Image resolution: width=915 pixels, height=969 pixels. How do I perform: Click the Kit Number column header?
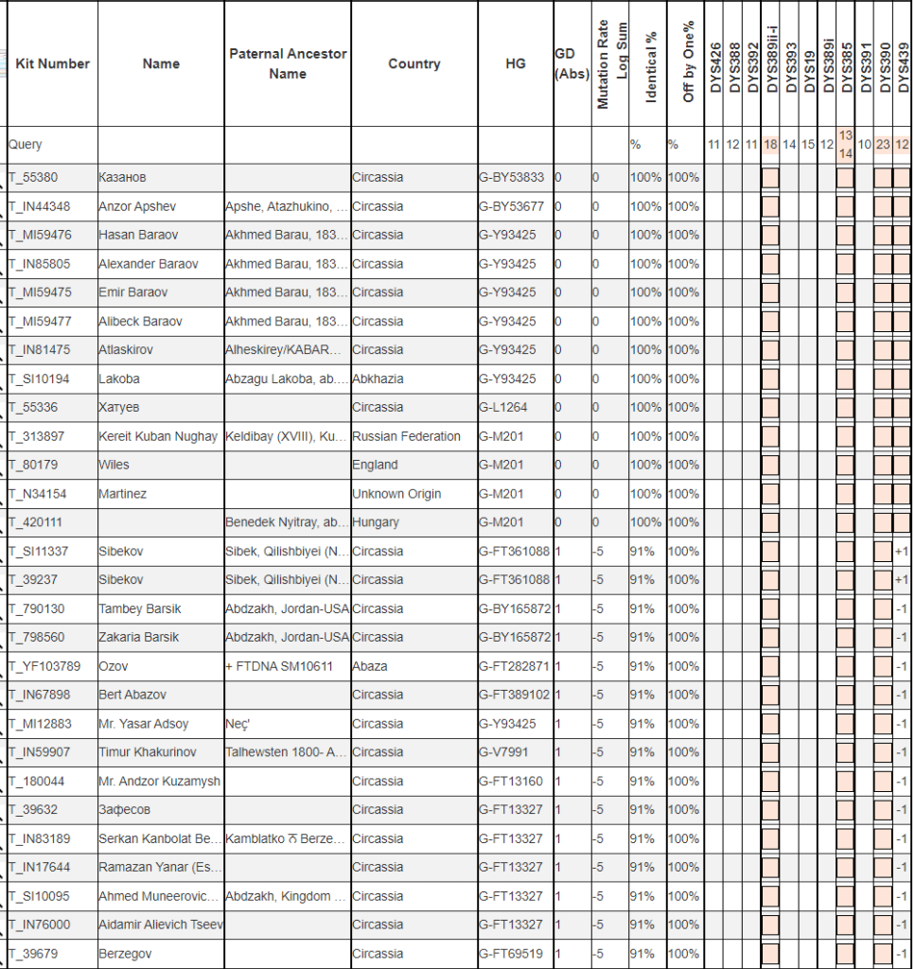click(52, 63)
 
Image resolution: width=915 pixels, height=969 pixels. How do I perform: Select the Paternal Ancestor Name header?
click(287, 63)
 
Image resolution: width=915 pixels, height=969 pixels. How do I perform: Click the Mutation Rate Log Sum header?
click(610, 64)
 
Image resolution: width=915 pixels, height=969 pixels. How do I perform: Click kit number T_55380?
click(34, 177)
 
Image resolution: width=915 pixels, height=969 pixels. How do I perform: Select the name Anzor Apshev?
click(137, 206)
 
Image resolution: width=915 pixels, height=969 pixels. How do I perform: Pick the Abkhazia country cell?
click(378, 379)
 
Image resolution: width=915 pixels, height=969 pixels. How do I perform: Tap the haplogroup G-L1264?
click(503, 407)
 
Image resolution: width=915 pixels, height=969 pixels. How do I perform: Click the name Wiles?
click(114, 465)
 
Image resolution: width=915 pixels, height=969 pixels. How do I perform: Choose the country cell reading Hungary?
click(376, 522)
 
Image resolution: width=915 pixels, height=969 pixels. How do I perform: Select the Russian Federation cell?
click(406, 436)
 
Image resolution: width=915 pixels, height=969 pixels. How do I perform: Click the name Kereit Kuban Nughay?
click(158, 436)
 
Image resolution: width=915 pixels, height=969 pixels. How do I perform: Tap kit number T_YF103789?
click(45, 666)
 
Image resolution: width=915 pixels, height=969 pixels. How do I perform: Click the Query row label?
click(26, 145)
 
